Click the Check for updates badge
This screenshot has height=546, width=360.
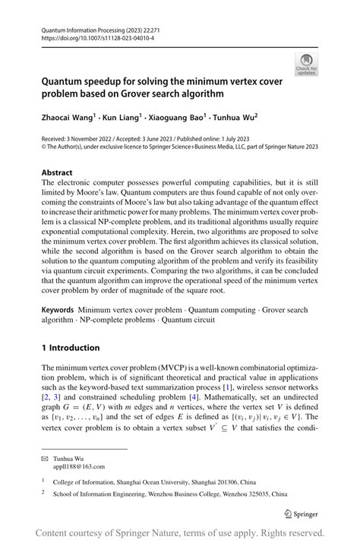(x=307, y=64)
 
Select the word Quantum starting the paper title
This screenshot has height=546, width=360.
(x=65, y=80)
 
